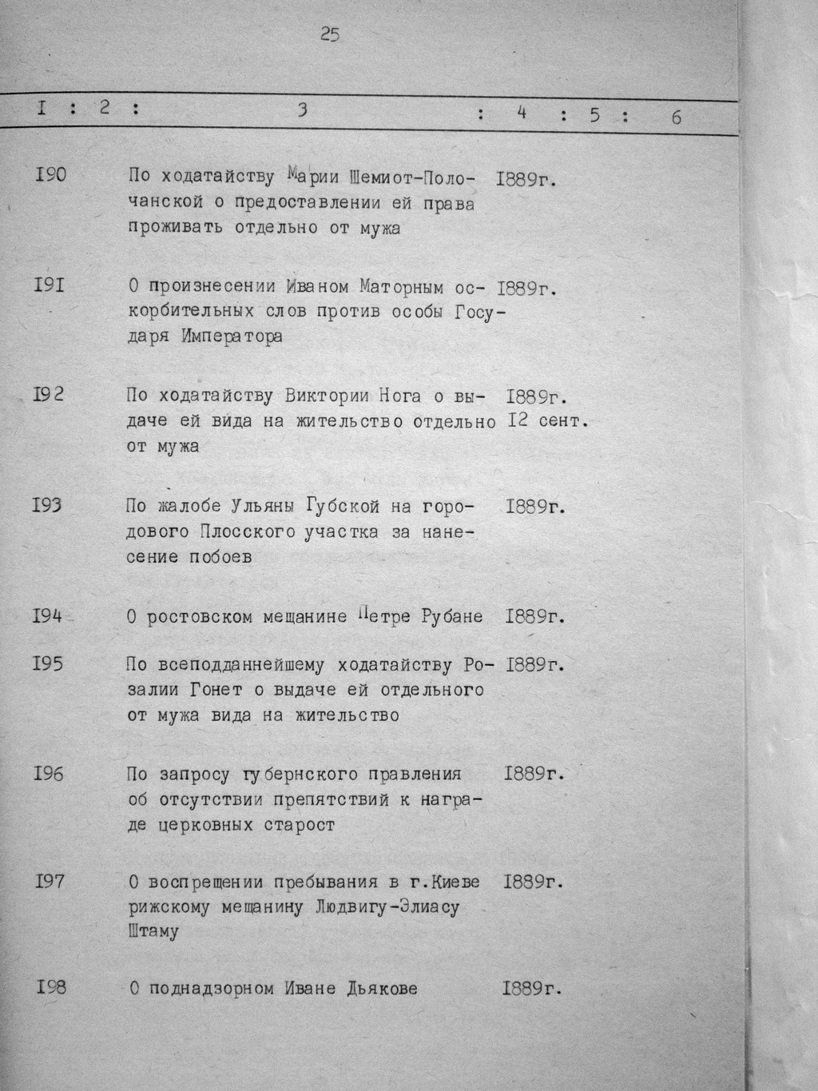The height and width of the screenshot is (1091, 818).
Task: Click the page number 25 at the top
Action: click(x=329, y=34)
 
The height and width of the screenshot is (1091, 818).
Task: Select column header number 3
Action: click(x=302, y=111)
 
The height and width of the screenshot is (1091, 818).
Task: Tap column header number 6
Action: click(x=677, y=117)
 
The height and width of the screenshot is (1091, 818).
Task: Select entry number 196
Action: click(x=49, y=774)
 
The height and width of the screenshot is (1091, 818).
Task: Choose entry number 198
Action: click(x=50, y=988)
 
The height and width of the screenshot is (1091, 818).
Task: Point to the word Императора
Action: click(x=232, y=336)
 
